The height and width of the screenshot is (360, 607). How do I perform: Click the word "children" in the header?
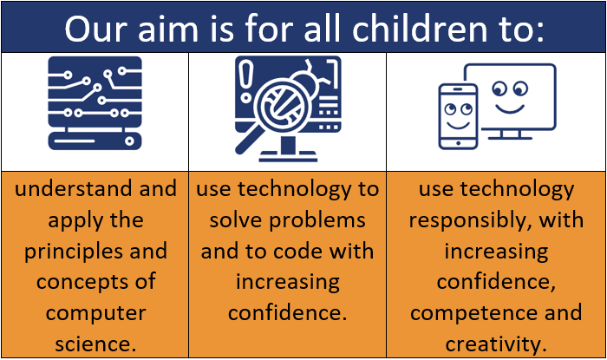click(x=420, y=29)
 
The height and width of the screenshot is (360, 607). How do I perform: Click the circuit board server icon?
click(x=95, y=103)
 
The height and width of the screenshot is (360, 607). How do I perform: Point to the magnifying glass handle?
click(x=248, y=138)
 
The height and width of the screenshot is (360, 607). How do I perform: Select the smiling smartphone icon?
click(x=458, y=116)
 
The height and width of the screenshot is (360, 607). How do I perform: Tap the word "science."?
click(x=95, y=344)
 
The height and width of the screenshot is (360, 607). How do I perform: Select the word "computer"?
click(x=96, y=313)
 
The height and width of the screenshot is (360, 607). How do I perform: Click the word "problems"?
click(x=317, y=221)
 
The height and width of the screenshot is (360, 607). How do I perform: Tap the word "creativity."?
click(x=496, y=344)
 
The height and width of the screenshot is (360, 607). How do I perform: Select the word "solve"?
click(x=236, y=220)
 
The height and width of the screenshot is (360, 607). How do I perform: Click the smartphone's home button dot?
click(x=459, y=143)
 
